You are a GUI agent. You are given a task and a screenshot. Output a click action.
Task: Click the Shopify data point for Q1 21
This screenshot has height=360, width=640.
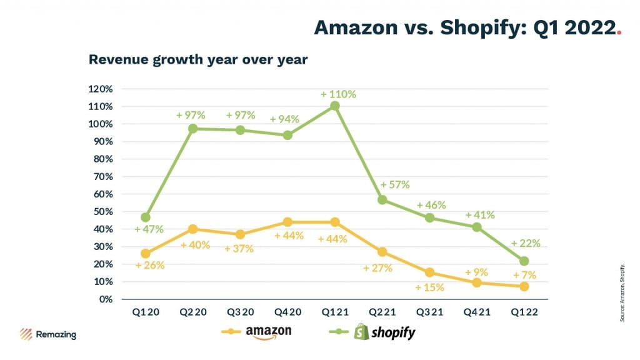point(335,106)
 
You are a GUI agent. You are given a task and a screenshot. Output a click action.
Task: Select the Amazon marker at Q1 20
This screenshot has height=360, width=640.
point(146,254)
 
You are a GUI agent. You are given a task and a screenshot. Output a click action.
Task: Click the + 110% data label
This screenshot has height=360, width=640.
point(338,94)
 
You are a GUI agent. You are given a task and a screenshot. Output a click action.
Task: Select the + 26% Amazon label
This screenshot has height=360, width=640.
point(149,265)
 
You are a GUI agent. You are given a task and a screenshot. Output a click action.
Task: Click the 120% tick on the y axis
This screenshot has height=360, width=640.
point(101,89)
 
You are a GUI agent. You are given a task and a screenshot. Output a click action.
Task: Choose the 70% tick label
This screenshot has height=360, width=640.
point(102,176)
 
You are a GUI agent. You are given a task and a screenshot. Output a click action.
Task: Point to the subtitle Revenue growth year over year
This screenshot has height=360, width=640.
point(198,60)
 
